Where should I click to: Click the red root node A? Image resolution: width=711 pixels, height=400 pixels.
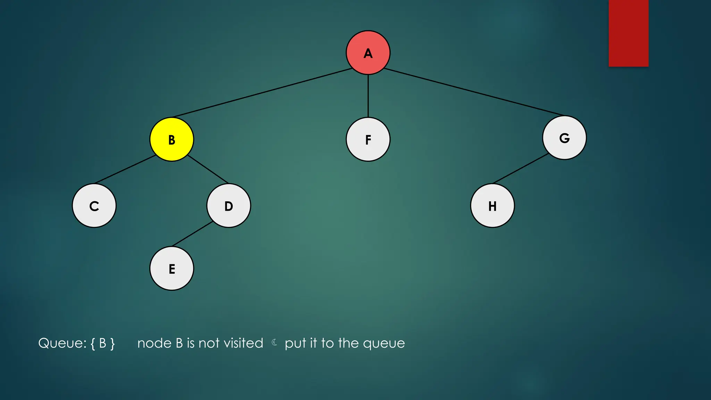pos(368,52)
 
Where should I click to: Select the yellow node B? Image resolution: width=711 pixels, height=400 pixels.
pos(172,139)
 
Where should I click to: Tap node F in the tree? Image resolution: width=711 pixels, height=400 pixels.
pos(368,139)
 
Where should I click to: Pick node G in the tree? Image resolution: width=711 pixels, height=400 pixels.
pos(564,138)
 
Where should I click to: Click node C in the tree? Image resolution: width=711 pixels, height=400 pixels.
pos(94,206)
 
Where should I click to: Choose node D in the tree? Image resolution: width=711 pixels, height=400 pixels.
pos(228,206)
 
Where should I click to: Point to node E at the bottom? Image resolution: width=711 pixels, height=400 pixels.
pos(172,268)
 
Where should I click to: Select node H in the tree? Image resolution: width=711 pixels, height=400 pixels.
pos(492,206)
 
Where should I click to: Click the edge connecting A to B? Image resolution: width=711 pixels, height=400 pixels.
pos(262,93)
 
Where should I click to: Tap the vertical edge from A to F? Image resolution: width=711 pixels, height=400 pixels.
pos(368,96)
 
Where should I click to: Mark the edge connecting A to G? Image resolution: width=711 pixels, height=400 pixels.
pos(474,92)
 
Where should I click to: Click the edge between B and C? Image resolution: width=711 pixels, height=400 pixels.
pos(125,169)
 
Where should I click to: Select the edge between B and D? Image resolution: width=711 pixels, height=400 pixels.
pos(208,169)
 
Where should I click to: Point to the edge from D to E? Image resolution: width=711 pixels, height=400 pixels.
pos(192,234)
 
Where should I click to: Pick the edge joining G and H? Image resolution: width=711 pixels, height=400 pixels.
pos(521,168)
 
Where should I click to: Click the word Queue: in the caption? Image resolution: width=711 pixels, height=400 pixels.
pos(62,343)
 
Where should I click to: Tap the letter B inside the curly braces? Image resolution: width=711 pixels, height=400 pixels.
pos(103,343)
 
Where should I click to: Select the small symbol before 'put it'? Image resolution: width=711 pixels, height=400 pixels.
pos(274,343)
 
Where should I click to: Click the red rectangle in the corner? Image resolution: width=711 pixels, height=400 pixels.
pos(628,33)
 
